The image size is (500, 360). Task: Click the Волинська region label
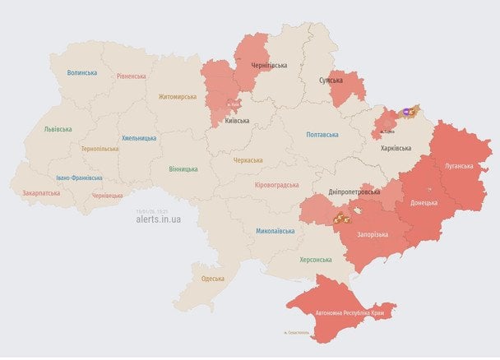point(82,72)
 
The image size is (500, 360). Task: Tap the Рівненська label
point(131,76)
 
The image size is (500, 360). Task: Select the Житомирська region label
point(178,96)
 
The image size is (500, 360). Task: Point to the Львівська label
point(58,129)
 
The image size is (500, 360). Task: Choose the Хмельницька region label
point(139,138)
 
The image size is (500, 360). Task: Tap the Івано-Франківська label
point(80,178)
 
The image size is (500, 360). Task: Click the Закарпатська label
point(41,193)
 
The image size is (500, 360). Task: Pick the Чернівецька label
point(108,196)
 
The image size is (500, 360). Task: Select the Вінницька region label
point(183,168)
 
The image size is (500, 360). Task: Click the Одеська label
point(213,279)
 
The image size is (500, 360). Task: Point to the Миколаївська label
point(275,231)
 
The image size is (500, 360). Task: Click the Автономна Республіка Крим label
point(350,313)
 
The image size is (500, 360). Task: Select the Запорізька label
point(373,233)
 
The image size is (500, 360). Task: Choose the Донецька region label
point(424,201)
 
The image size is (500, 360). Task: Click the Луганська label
point(459,166)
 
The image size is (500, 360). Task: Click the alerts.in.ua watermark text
point(159,219)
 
